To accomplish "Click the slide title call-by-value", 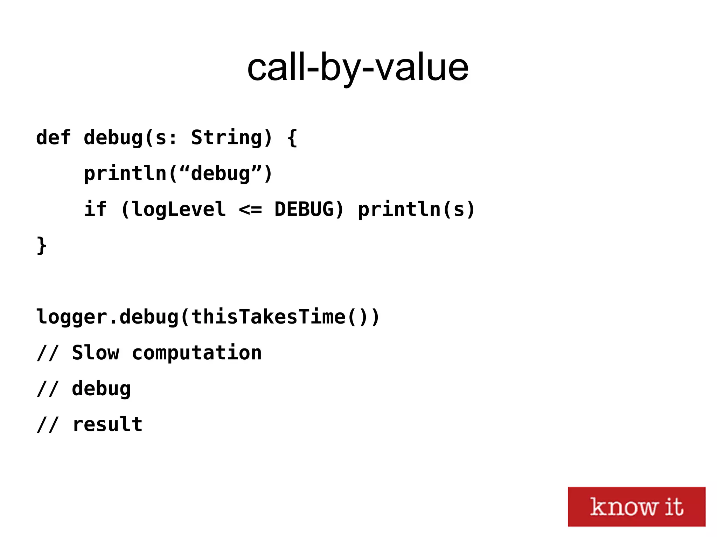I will point(358,67).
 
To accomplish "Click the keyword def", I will point(53,137).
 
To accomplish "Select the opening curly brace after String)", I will point(292,137).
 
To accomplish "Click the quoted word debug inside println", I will point(221,174).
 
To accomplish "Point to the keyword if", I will point(95,209).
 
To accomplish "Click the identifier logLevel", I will point(179,210).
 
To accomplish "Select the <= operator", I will point(250,210).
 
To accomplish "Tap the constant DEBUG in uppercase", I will point(304,209).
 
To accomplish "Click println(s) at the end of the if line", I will point(416,209).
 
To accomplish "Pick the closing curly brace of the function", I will point(42,245).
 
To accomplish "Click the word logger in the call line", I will point(71,317).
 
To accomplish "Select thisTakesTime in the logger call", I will point(268,317).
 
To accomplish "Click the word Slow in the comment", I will point(95,353).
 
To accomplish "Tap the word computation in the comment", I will point(197,353).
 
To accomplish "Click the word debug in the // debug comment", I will point(101,389).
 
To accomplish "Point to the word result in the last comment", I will point(107,424).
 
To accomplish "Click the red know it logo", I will point(636,506).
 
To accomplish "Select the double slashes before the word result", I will point(47,425).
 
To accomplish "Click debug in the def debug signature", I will point(113,137).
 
